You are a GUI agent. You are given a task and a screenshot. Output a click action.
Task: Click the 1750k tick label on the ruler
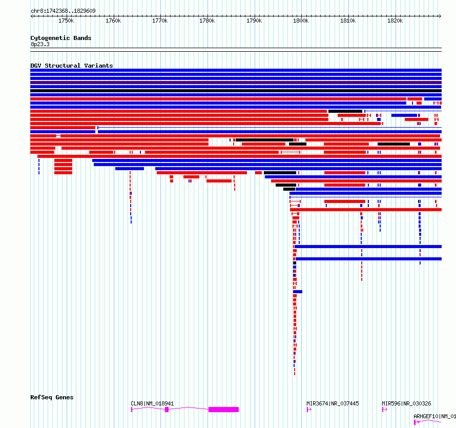pos(66,21)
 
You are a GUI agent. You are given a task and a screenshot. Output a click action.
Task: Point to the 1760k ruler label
pos(113,21)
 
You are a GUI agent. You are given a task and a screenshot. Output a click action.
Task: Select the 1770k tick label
pos(160,21)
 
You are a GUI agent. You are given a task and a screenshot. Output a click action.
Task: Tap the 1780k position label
pos(207,21)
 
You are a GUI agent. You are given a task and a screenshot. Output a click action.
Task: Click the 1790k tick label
pos(254,21)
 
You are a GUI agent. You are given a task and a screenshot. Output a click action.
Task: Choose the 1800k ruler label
pos(301,21)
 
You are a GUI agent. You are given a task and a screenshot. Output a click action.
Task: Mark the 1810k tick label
pos(348,21)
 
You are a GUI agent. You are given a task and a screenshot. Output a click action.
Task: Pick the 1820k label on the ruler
pos(395,21)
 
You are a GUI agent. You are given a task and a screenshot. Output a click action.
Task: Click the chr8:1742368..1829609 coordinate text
pos(63,11)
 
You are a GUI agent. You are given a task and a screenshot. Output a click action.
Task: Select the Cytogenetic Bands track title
pos(60,38)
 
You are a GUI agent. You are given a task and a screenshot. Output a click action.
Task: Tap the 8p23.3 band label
pos(40,44)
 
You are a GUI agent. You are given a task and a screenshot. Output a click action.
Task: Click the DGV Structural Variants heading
pos(71,66)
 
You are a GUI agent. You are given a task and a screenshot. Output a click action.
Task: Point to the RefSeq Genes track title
pos(52,397)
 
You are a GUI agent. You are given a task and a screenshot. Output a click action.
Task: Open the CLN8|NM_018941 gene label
pos(152,403)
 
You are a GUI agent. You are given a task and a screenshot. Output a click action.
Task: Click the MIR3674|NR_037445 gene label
pos(333,403)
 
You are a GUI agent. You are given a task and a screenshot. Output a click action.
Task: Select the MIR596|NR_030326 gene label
pos(406,403)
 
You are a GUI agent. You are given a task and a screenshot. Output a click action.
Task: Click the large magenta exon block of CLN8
pos(223,410)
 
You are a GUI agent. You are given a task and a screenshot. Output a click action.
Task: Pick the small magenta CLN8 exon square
pos(167,410)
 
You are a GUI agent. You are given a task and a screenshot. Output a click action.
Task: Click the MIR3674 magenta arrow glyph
pos(309,410)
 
